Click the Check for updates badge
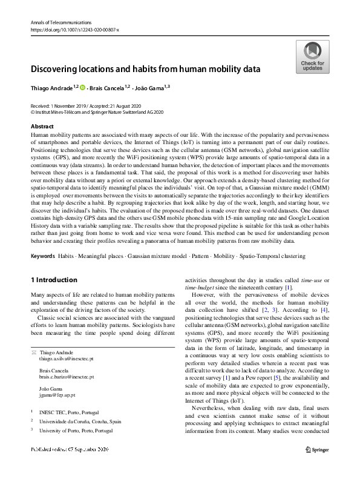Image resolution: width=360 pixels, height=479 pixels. click(312, 58)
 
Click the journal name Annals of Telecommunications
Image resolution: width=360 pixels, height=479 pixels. click(57, 22)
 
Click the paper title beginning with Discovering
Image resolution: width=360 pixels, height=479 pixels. click(145, 69)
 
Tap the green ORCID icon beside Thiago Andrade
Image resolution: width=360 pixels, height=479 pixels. click(82, 88)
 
